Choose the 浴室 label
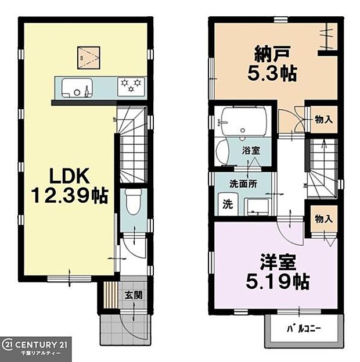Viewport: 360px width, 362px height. pos(251,150)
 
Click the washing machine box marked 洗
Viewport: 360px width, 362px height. pos(226,205)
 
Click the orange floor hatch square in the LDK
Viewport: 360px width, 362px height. pos(89,56)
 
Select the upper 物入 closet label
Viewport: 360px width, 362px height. pos(323,120)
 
